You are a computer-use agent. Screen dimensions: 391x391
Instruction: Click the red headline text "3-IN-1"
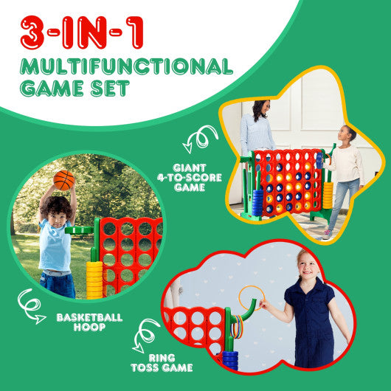click(x=83, y=33)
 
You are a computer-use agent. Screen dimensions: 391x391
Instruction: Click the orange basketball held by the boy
click(x=63, y=180)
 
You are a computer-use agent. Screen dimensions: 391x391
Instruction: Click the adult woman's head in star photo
click(x=259, y=112)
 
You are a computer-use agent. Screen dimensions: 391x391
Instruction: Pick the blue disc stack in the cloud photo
click(x=230, y=359)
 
